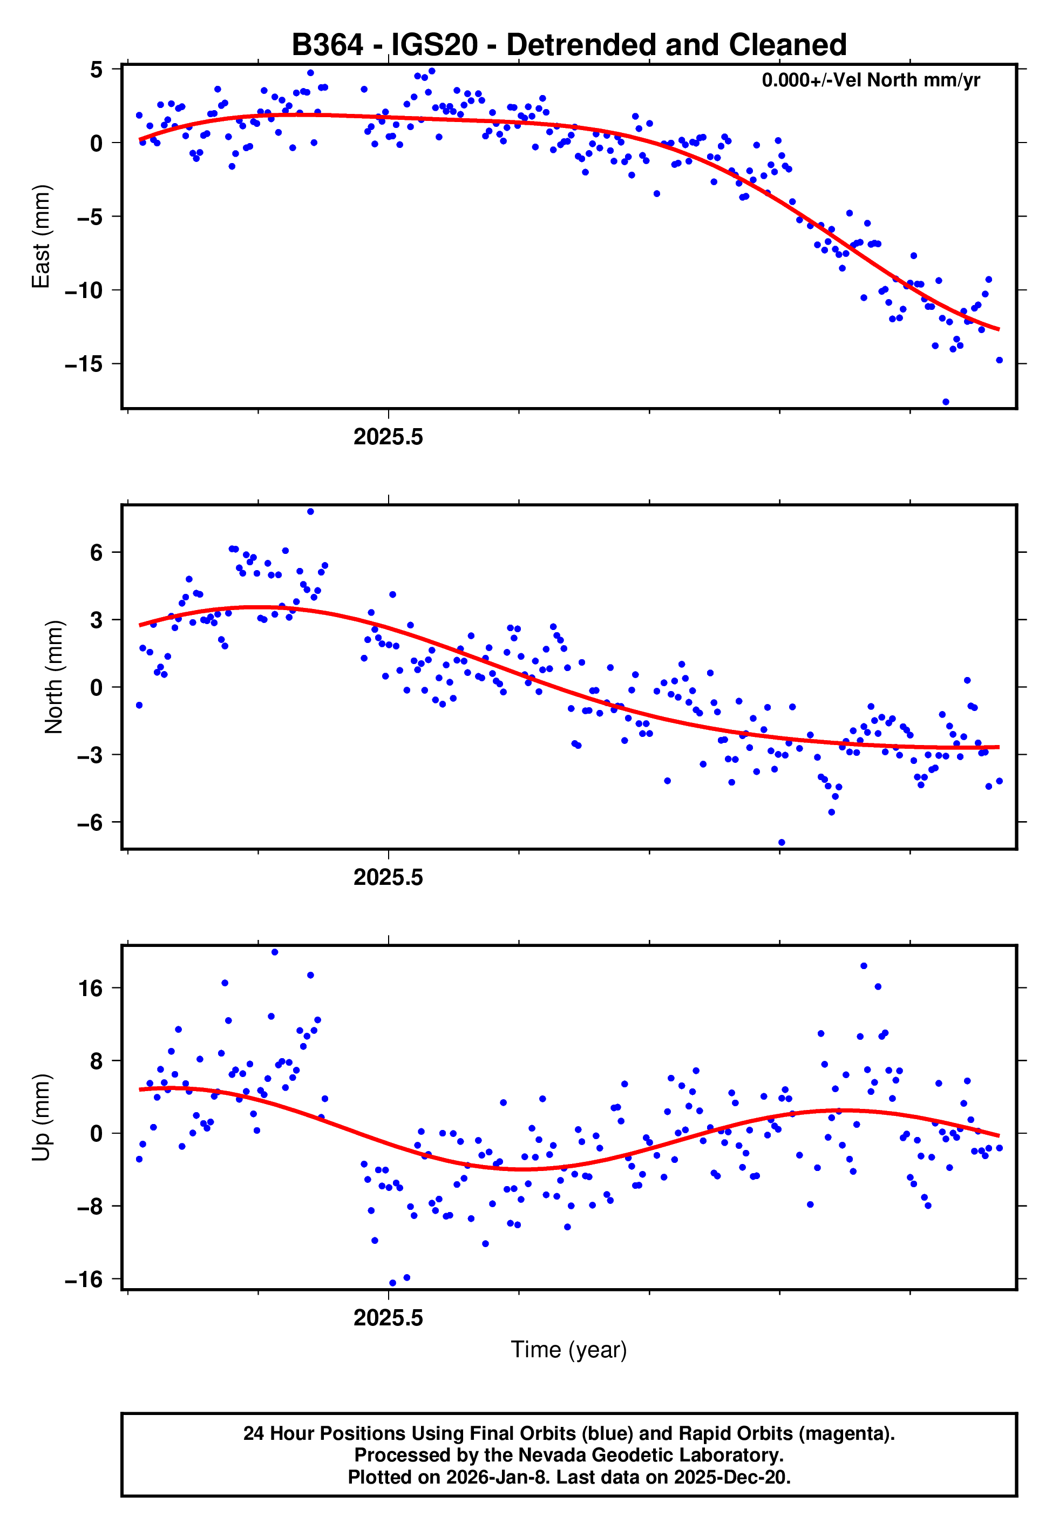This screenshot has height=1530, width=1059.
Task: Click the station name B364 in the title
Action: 327,45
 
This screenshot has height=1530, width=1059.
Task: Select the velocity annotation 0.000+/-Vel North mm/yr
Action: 870,80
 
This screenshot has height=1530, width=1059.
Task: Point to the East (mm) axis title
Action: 41,237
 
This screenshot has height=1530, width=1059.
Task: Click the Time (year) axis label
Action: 569,1350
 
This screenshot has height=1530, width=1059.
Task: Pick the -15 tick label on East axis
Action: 84,364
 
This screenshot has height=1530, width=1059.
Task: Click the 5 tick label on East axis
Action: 96,69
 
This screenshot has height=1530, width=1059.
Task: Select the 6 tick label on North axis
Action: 96,553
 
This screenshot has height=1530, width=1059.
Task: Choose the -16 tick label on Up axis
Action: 84,1279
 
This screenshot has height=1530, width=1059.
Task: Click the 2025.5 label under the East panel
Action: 388,437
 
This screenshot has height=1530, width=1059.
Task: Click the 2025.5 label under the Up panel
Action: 388,1318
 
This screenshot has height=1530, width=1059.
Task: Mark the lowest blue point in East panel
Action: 946,402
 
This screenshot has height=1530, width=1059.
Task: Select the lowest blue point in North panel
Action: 782,843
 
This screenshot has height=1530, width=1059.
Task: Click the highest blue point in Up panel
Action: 275,952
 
